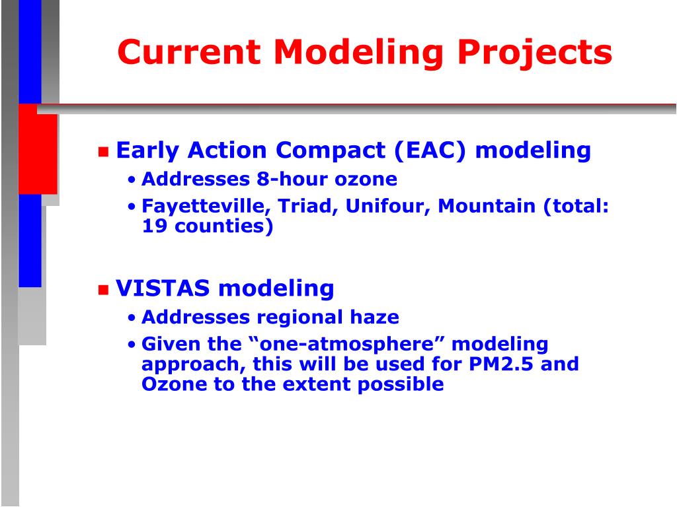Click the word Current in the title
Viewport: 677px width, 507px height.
(x=189, y=52)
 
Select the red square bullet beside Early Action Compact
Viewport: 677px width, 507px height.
(x=103, y=152)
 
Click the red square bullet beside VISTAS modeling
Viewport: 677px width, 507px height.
(x=103, y=289)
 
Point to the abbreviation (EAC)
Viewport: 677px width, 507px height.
(x=430, y=151)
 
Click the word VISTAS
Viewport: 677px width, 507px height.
(x=163, y=288)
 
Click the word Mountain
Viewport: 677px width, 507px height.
(x=487, y=206)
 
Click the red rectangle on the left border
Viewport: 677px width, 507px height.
(x=38, y=149)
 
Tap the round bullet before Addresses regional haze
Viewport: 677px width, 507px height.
(x=132, y=318)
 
